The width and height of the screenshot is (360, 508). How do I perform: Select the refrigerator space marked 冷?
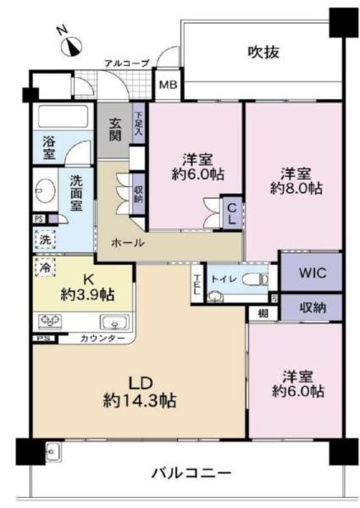point(44,267)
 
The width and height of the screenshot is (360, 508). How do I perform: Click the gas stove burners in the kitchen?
point(50,322)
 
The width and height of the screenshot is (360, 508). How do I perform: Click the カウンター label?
point(103,339)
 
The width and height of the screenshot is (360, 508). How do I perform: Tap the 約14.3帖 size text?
point(141,401)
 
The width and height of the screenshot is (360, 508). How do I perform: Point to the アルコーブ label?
point(127,63)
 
